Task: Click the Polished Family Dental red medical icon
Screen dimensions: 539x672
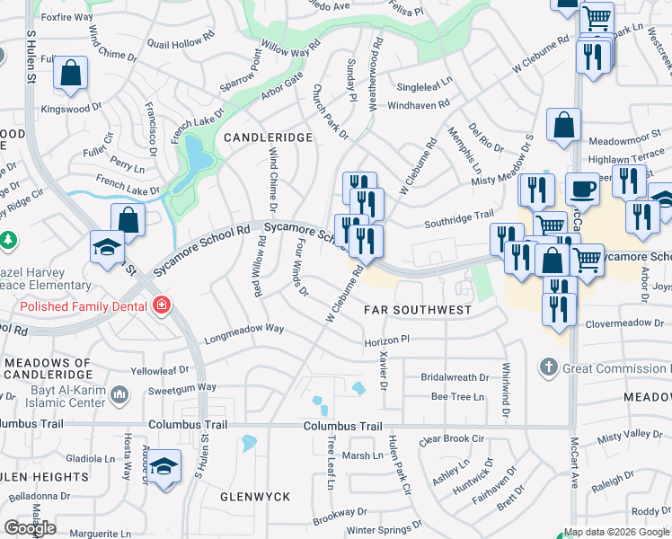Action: click(161, 305)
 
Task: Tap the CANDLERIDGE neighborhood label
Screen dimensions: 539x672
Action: click(268, 137)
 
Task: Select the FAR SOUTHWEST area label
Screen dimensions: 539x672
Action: click(418, 310)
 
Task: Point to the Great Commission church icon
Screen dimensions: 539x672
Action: click(549, 367)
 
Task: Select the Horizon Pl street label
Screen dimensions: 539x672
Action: click(386, 341)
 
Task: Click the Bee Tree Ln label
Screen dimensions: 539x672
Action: click(457, 396)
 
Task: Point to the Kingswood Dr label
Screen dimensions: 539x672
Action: click(72, 109)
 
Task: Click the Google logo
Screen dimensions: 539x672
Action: click(30, 528)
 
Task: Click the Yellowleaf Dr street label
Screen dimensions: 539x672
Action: click(160, 369)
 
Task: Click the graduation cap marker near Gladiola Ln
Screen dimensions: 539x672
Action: click(164, 467)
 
